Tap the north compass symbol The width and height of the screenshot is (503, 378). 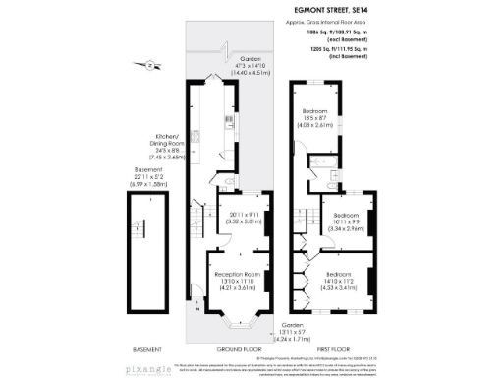pyautogui.click(x=148, y=65)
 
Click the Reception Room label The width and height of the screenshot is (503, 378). pyautogui.click(x=237, y=280)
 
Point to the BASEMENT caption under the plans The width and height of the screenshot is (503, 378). pyautogui.click(x=147, y=348)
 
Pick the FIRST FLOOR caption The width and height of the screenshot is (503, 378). pyautogui.click(x=334, y=348)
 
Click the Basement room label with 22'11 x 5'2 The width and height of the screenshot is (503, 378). pyautogui.click(x=146, y=177)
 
